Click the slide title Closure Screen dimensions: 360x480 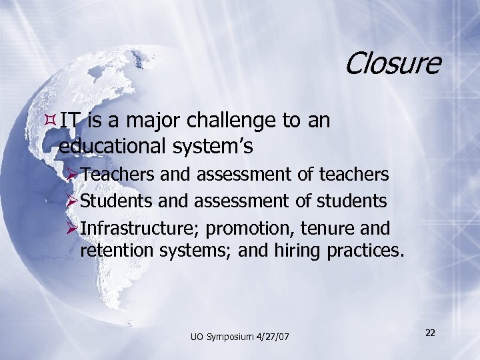pyautogui.click(x=393, y=63)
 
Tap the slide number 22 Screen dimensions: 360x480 pyautogui.click(x=431, y=333)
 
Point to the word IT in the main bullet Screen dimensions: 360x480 pyautogui.click(x=67, y=121)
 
